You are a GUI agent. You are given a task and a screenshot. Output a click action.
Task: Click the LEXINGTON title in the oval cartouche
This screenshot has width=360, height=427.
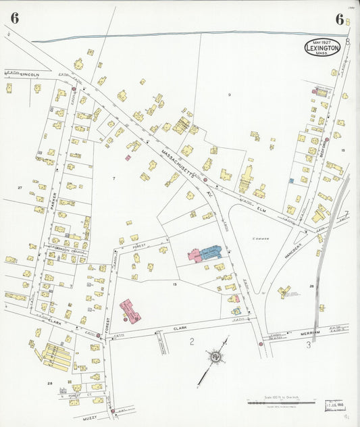click(322, 49)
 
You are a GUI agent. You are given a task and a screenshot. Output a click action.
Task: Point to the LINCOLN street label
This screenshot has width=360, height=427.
click(30, 74)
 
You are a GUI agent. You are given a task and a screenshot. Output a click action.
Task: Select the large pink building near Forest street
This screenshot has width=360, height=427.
click(130, 311)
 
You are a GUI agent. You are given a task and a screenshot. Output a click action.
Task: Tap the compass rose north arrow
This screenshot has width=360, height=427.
click(215, 356)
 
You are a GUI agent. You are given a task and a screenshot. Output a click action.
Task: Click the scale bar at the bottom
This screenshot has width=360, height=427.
click(280, 403)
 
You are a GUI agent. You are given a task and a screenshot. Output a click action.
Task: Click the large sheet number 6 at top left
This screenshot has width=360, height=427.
click(14, 18)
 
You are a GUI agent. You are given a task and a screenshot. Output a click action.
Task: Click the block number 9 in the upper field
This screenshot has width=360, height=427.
click(230, 94)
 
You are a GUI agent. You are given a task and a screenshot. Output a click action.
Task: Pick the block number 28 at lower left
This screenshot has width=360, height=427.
click(49, 383)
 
